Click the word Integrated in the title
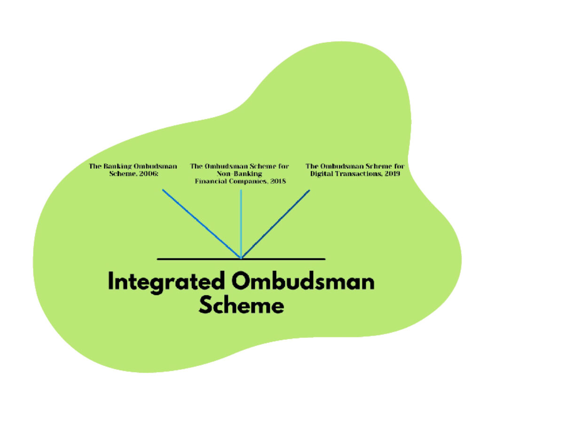[x=165, y=282]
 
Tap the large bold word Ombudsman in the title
[x=303, y=282]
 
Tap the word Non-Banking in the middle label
[x=239, y=173]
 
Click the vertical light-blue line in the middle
[x=241, y=221]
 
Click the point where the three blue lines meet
[x=241, y=258]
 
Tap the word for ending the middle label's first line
[x=283, y=166]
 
